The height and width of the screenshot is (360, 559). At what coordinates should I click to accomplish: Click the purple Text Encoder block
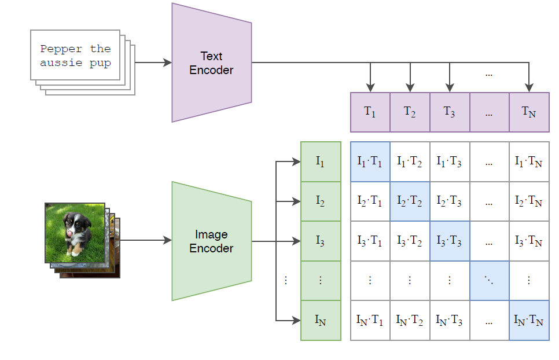pyautogui.click(x=211, y=63)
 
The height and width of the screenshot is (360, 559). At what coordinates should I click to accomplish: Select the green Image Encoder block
pyautogui.click(x=211, y=241)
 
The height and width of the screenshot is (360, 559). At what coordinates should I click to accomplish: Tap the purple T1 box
pyautogui.click(x=370, y=112)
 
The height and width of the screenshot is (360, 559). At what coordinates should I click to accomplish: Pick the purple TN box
pyautogui.click(x=529, y=112)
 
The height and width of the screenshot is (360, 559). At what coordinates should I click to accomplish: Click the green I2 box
pyautogui.click(x=321, y=201)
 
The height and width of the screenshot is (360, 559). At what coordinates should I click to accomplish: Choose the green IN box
pyautogui.click(x=321, y=321)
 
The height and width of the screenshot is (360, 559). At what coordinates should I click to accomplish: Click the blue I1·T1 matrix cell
pyautogui.click(x=370, y=161)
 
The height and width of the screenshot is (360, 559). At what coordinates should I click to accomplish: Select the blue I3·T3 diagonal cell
pyautogui.click(x=450, y=241)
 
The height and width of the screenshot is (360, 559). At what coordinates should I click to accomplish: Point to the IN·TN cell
pyautogui.click(x=529, y=321)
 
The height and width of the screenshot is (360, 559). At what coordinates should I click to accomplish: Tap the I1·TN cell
pyautogui.click(x=529, y=161)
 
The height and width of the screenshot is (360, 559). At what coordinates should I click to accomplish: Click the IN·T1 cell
pyautogui.click(x=370, y=321)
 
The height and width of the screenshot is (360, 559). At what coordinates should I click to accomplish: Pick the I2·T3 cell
pyautogui.click(x=450, y=201)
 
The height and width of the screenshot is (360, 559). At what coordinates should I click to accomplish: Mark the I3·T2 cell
pyautogui.click(x=410, y=241)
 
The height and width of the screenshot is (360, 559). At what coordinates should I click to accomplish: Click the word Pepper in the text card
pyautogui.click(x=61, y=49)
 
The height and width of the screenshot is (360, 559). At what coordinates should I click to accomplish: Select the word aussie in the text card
pyautogui.click(x=61, y=63)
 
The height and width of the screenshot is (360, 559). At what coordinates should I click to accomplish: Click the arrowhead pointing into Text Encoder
pyautogui.click(x=168, y=63)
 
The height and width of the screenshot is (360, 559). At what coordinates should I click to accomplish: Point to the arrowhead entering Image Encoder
pyautogui.click(x=168, y=240)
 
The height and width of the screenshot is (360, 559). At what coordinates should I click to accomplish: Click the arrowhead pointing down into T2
pyautogui.click(x=410, y=87)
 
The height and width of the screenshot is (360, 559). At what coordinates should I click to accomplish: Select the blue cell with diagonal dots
pyautogui.click(x=490, y=281)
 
